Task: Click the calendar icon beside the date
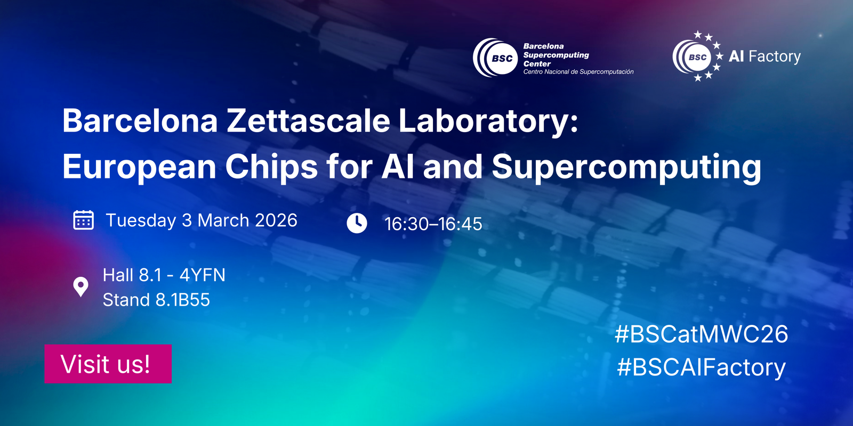[x=83, y=220]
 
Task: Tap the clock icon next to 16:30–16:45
[x=357, y=223]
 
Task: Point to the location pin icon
[x=81, y=287]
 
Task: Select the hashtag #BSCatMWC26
[x=702, y=334]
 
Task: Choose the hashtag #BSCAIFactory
[x=701, y=367]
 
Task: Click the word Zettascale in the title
[x=309, y=121]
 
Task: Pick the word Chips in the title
[x=271, y=167]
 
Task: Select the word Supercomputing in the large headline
[x=626, y=168]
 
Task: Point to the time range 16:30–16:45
[x=433, y=224]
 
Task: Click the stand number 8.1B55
[x=183, y=300]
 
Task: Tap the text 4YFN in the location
[x=203, y=275]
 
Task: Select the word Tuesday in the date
[x=141, y=220]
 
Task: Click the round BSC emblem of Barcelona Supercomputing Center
[x=495, y=58]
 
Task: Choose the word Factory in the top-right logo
[x=775, y=57]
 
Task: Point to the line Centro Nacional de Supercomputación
[x=578, y=72]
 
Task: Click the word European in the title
[x=139, y=168]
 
